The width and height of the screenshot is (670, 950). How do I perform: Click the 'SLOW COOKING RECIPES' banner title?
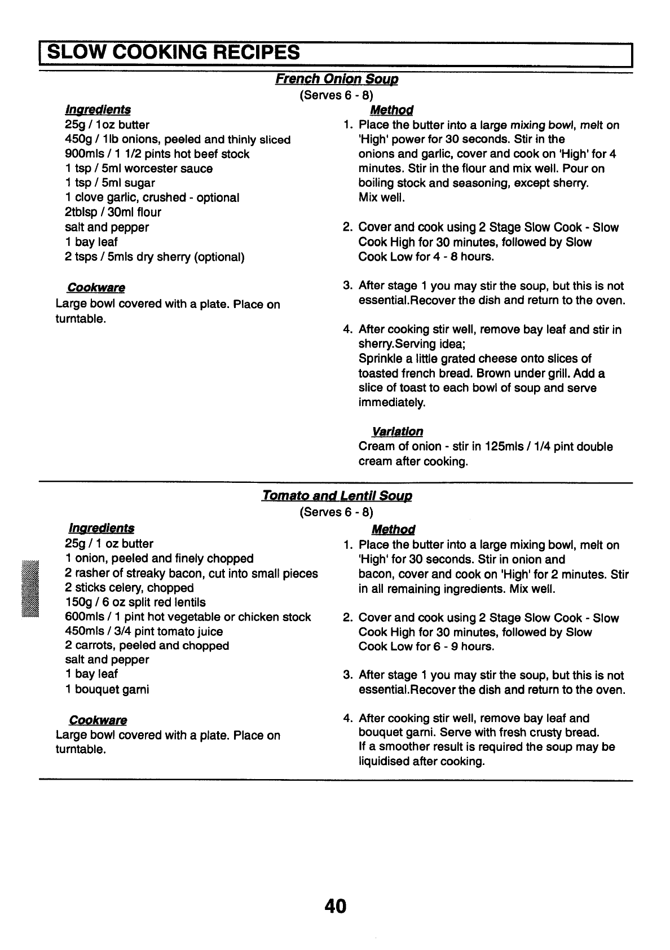point(173,52)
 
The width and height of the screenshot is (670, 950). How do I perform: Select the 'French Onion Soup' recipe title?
point(337,79)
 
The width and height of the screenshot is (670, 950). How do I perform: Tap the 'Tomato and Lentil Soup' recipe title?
point(337,496)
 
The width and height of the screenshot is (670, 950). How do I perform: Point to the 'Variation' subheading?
point(397,432)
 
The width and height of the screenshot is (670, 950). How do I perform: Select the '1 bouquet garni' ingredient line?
point(107,689)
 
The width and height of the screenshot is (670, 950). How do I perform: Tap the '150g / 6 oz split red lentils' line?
point(135,602)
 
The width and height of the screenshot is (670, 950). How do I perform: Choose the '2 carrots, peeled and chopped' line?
point(147,646)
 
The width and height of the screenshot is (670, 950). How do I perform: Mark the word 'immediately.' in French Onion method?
point(392,403)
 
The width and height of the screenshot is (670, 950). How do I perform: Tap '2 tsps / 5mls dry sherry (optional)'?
point(155,257)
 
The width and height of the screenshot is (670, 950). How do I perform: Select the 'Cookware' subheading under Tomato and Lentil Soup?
point(98,720)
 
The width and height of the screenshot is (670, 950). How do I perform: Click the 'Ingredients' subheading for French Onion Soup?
point(98,109)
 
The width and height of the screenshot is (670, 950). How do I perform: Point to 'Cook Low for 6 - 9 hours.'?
point(426,646)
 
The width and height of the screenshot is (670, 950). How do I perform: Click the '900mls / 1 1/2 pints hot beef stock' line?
point(157,154)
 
